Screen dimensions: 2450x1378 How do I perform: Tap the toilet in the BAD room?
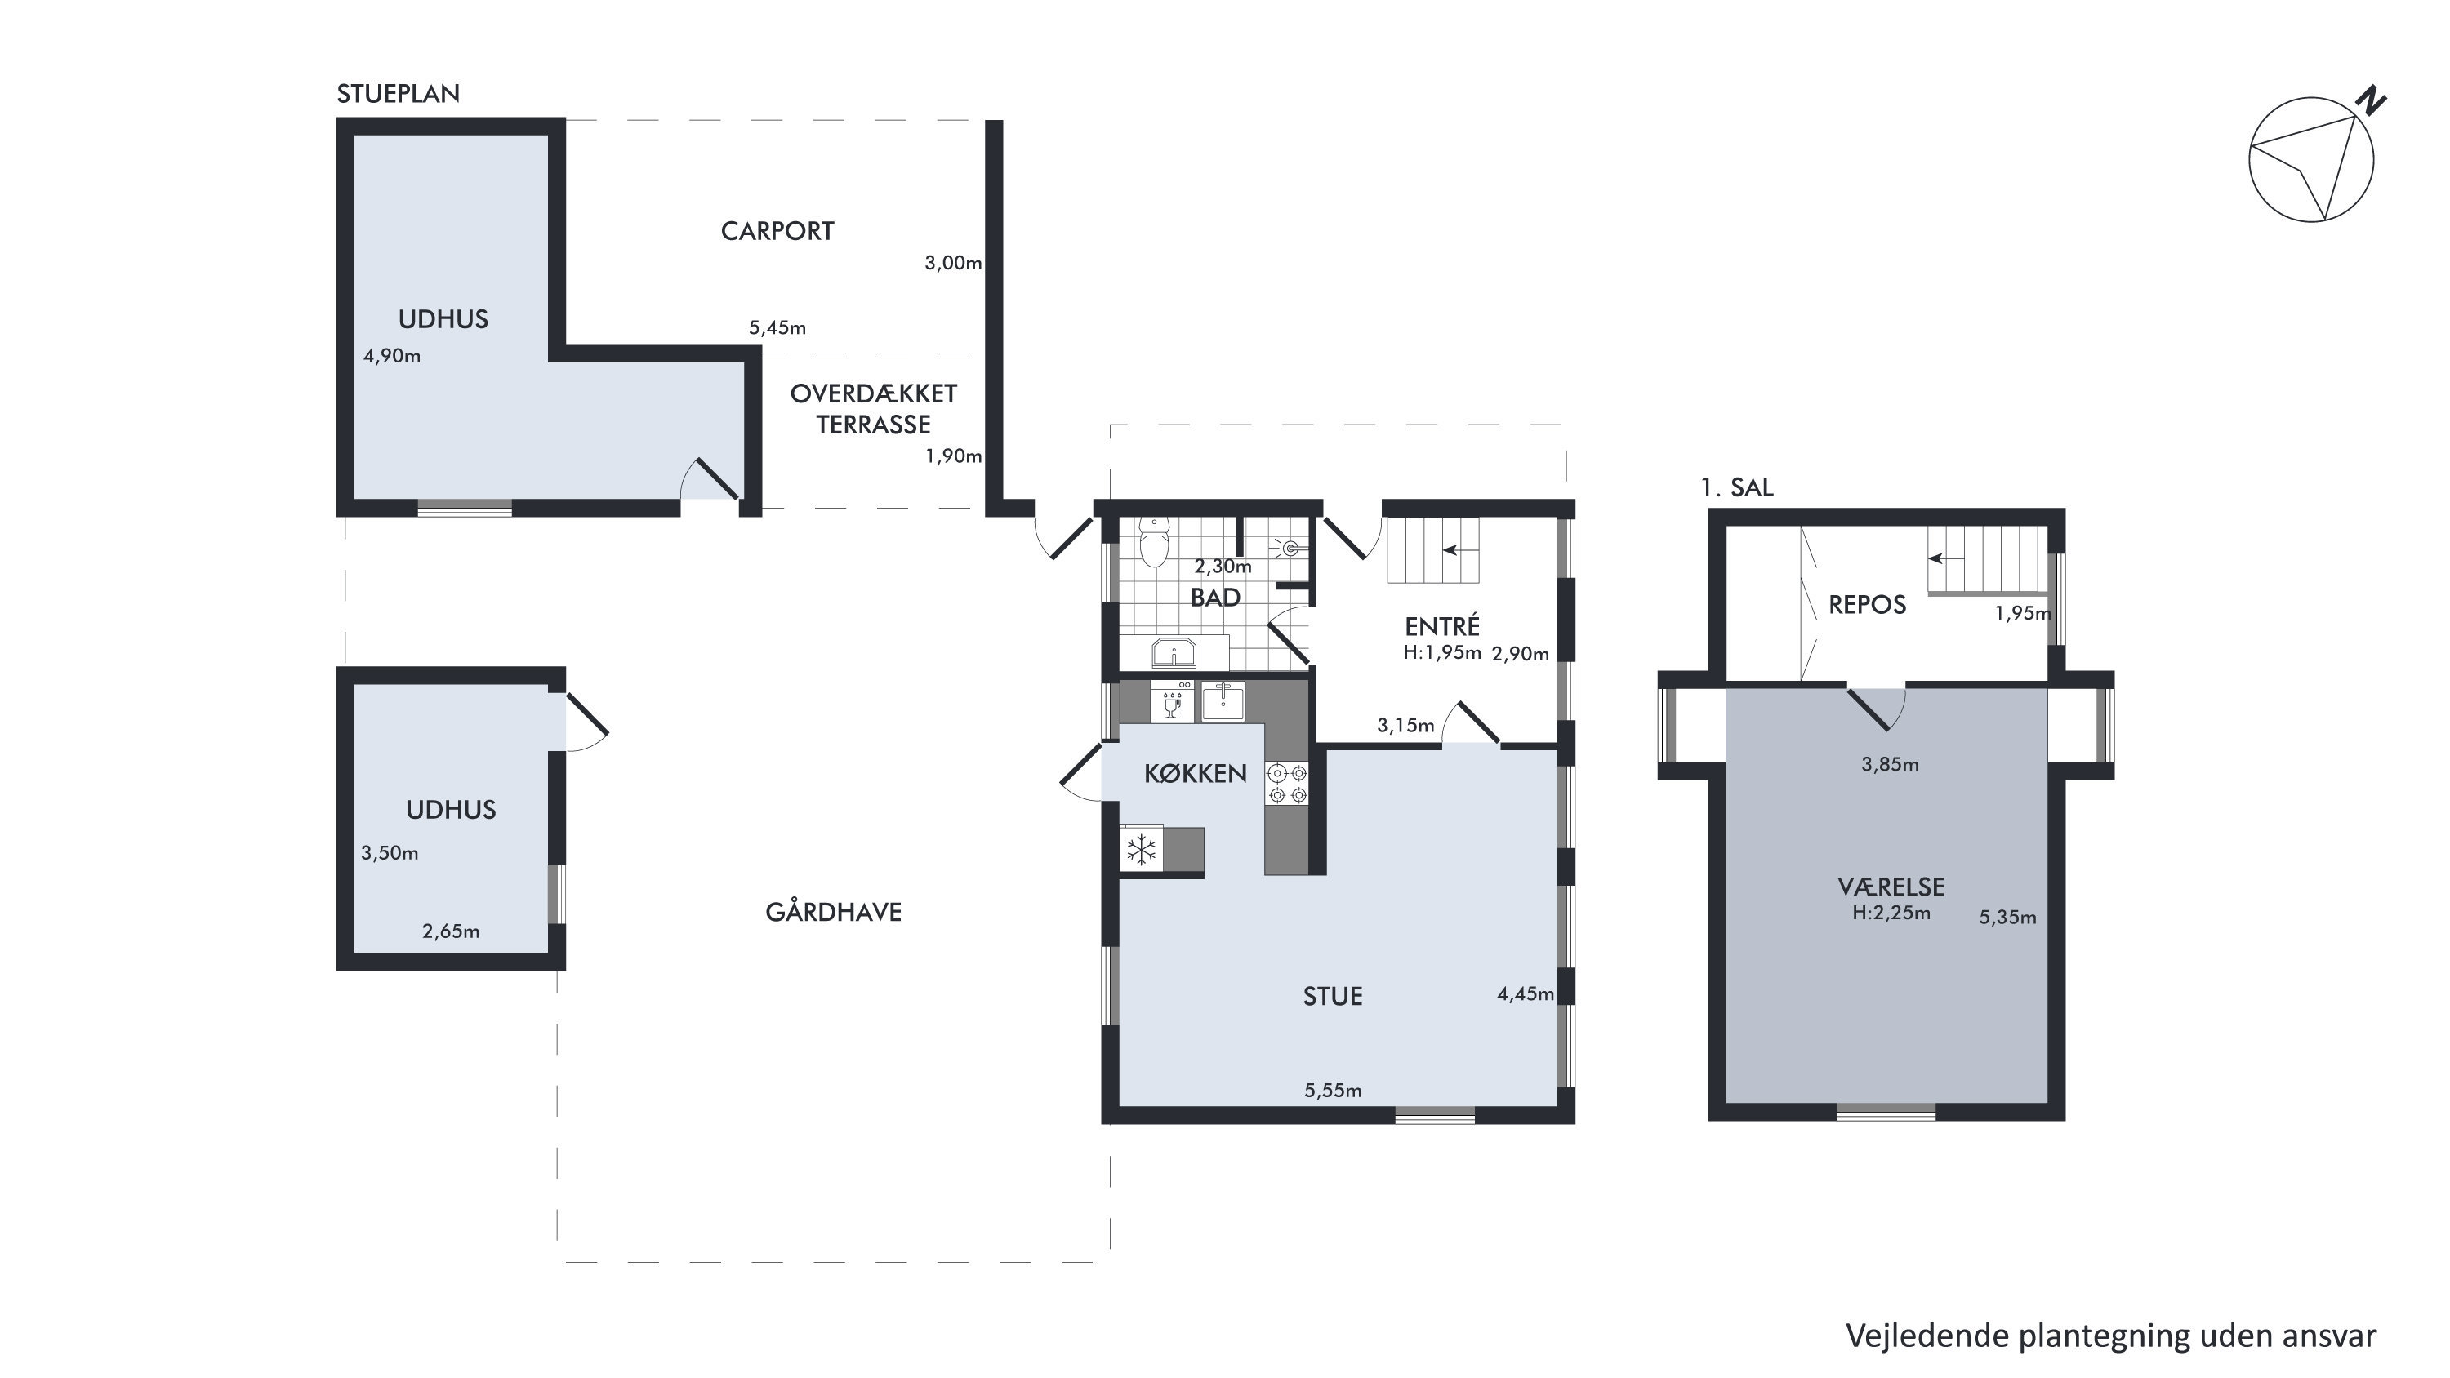(x=1154, y=542)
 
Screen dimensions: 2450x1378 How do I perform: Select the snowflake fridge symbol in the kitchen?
(x=1140, y=849)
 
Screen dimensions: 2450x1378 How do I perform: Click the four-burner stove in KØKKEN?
(x=1288, y=784)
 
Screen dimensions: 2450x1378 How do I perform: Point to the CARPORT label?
(x=777, y=231)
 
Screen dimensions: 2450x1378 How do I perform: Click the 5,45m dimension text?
(x=777, y=328)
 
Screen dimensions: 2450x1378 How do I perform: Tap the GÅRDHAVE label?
(x=833, y=912)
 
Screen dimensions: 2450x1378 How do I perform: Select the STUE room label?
(x=1333, y=996)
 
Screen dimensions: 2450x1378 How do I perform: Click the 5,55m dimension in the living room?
(x=1333, y=1091)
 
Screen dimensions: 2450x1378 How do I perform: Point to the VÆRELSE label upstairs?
(x=1891, y=887)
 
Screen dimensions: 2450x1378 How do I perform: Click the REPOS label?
(x=1867, y=605)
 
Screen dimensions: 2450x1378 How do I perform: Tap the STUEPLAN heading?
(x=399, y=93)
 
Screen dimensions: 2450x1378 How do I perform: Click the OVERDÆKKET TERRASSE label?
(x=873, y=409)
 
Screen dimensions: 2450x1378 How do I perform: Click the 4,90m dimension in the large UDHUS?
(x=392, y=357)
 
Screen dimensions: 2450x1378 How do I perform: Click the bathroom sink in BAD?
(x=1174, y=653)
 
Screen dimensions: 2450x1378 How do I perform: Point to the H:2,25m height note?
(x=1891, y=913)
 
